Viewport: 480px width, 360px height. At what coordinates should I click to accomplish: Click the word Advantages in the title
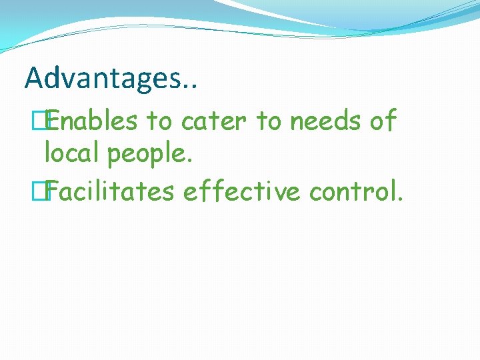(102, 79)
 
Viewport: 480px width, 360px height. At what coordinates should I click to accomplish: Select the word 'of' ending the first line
(381, 121)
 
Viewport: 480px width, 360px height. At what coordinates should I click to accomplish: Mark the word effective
(242, 191)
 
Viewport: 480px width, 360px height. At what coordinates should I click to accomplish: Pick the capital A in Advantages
(34, 78)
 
